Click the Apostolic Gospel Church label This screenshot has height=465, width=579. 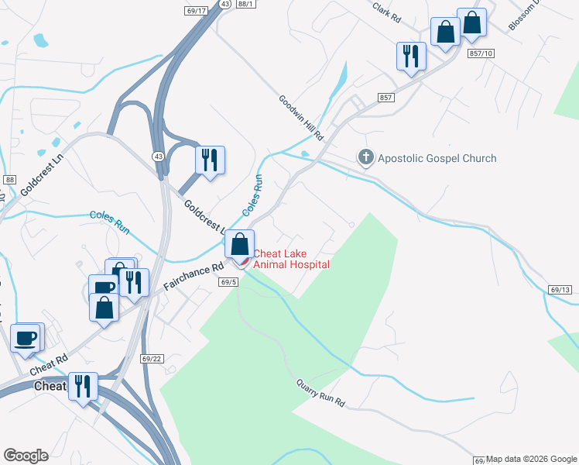[x=437, y=158]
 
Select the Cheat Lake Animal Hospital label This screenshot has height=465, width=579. [x=292, y=259]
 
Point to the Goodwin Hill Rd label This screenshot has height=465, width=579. [x=301, y=117]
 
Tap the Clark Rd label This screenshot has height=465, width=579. [x=387, y=11]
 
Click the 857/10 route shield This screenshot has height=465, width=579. [x=481, y=53]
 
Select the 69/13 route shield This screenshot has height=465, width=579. [x=560, y=289]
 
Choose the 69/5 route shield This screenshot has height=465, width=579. [x=228, y=283]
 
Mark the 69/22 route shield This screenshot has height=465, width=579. [x=152, y=358]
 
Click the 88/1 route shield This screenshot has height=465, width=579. [x=246, y=4]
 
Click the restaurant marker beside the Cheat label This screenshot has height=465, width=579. [x=83, y=386]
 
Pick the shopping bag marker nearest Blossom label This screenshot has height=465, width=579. [x=471, y=22]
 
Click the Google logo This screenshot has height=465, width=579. [x=26, y=456]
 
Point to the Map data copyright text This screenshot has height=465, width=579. [x=532, y=459]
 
